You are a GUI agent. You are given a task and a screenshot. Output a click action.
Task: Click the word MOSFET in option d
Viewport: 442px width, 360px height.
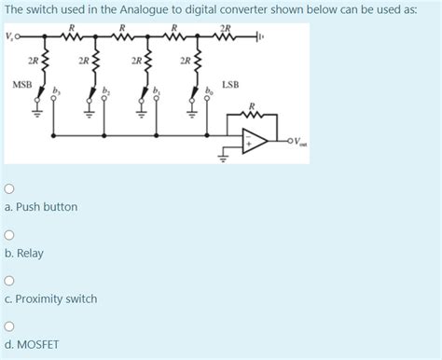click(x=36, y=344)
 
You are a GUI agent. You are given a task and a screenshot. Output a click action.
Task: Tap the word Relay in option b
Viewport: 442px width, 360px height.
click(x=29, y=253)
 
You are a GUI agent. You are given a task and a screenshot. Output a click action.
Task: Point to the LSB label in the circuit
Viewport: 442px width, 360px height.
click(x=230, y=84)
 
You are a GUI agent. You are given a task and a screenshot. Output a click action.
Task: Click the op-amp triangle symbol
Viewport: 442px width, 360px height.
click(x=254, y=141)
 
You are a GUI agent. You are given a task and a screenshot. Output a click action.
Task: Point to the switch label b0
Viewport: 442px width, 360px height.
click(x=210, y=91)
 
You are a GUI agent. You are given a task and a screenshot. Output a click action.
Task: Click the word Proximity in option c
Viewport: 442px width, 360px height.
click(x=37, y=298)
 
